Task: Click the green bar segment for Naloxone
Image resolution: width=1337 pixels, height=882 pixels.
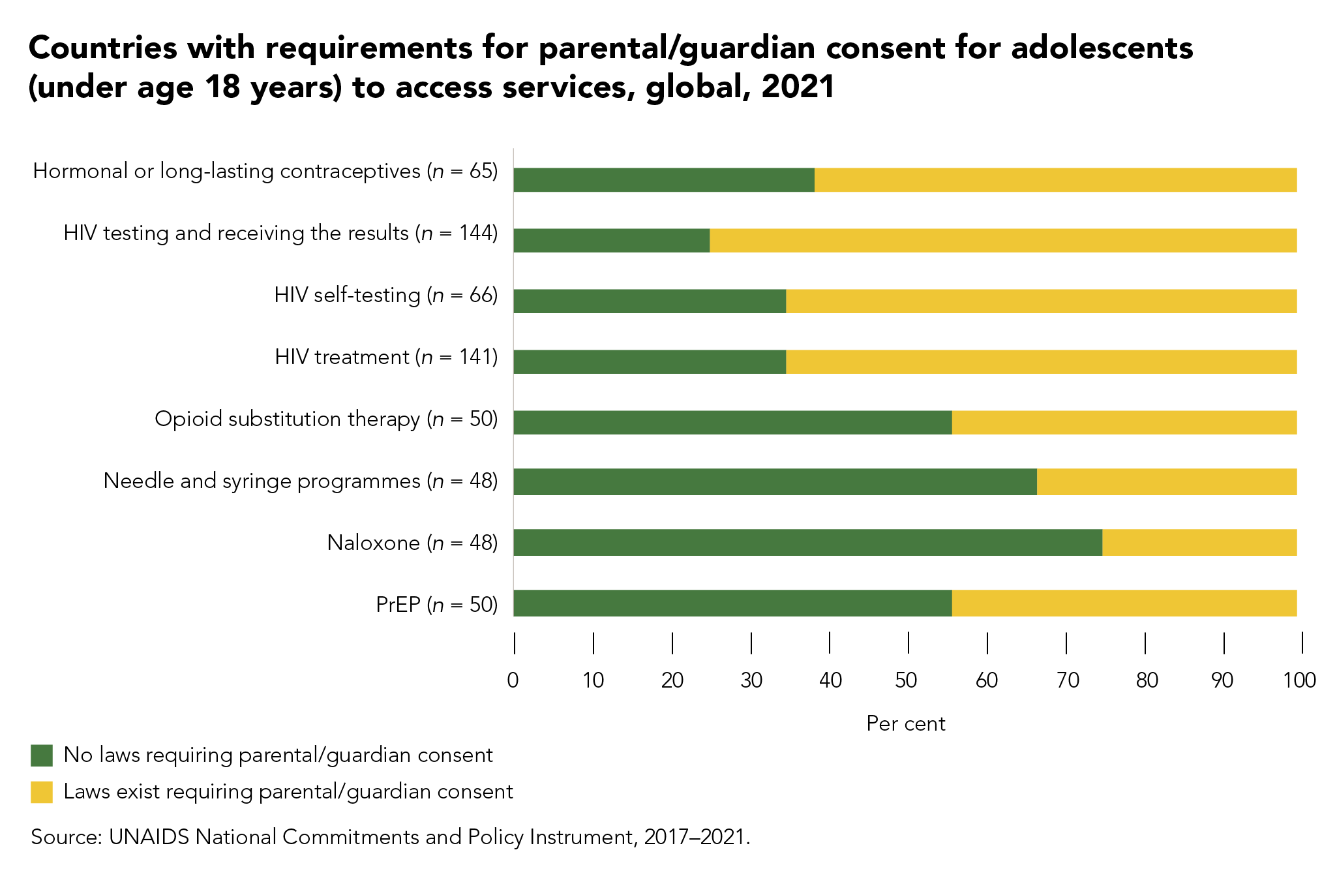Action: [807, 543]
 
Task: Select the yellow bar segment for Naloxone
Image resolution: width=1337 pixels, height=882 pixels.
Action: [1199, 543]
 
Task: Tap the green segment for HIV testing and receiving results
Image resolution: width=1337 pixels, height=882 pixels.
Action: [611, 241]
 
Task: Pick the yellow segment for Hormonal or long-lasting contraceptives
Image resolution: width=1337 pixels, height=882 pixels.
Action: [1055, 180]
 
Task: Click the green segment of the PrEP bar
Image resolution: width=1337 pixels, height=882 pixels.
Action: [732, 603]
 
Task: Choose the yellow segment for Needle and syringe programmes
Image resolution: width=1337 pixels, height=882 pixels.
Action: [1166, 482]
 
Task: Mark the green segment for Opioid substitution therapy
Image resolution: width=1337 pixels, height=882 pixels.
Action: [732, 423]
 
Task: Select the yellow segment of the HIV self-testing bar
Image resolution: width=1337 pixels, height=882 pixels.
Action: [1041, 301]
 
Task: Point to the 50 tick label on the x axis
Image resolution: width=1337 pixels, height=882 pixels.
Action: [907, 681]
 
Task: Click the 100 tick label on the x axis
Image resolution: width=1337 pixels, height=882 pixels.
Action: [1300, 681]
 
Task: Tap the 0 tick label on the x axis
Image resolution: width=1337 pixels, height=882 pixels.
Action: [513, 681]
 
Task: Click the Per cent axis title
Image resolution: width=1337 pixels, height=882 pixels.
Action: [905, 724]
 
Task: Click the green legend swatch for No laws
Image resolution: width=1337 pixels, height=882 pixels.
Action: [42, 755]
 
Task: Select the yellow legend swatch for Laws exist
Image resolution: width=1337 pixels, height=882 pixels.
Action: [42, 792]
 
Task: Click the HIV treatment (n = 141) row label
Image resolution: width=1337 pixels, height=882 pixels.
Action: [386, 357]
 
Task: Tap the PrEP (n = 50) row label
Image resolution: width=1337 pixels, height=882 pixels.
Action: [436, 605]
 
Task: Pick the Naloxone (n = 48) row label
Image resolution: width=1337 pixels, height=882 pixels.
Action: [412, 543]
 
